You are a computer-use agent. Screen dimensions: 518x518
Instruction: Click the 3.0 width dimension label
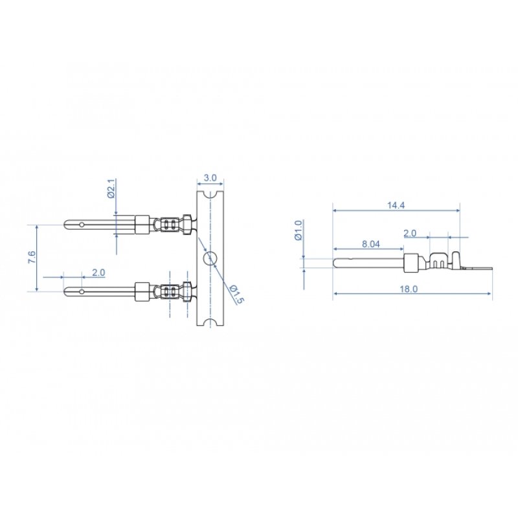(x=210, y=177)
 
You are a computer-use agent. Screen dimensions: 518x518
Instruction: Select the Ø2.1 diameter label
(x=111, y=188)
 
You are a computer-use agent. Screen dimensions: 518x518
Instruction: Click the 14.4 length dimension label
(x=396, y=205)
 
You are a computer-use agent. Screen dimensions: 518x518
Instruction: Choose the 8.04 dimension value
(x=370, y=244)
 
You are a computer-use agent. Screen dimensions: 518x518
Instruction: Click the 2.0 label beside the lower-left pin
(x=98, y=273)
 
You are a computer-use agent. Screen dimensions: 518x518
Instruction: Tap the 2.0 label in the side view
(x=410, y=232)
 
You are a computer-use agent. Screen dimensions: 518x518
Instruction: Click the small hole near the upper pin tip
(x=82, y=225)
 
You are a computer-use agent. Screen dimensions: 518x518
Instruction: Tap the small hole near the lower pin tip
(x=82, y=291)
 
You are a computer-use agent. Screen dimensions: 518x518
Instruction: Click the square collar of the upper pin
(x=141, y=225)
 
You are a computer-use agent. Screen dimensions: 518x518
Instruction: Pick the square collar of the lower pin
(x=141, y=291)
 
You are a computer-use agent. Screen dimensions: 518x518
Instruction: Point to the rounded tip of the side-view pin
(x=335, y=263)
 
